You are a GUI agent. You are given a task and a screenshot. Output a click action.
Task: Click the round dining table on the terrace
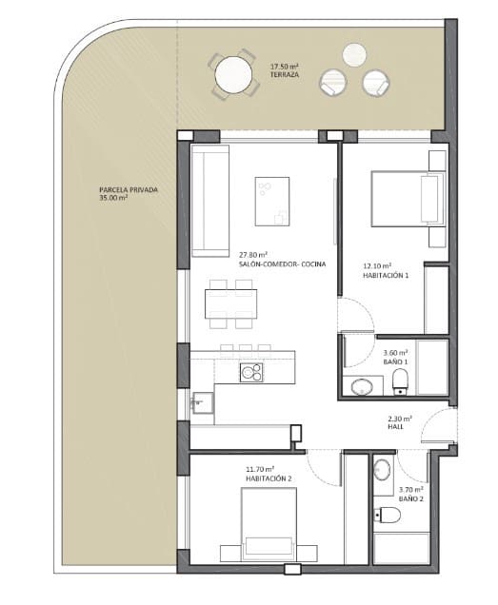(x=232, y=73)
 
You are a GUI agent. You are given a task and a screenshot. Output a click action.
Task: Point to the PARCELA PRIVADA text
(x=128, y=189)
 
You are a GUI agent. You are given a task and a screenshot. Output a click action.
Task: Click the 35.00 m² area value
(x=113, y=198)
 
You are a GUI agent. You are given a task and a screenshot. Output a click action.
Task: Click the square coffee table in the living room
(x=273, y=199)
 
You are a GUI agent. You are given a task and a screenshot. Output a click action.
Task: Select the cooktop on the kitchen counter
(x=251, y=372)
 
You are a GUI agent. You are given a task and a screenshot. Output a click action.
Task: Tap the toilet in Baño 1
(x=401, y=382)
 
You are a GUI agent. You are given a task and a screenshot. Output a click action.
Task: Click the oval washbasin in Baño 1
(x=361, y=385)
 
